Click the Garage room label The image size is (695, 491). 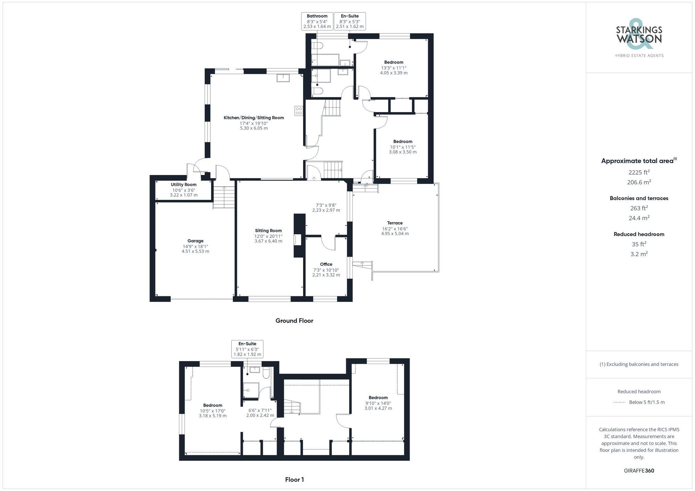[x=195, y=241]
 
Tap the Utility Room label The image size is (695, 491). [x=183, y=185]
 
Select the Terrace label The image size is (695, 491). [x=395, y=223]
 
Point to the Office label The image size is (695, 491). [x=326, y=264]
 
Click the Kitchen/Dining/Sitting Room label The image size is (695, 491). [x=254, y=118]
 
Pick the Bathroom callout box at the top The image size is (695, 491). [x=317, y=21]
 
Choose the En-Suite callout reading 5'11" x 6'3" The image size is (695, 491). [x=247, y=349]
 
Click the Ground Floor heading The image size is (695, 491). [x=294, y=321]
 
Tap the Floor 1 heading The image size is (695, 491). [x=294, y=480]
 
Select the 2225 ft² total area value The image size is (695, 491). [x=639, y=172]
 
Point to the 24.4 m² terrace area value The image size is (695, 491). [x=639, y=218]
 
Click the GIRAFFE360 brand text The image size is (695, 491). [x=639, y=471]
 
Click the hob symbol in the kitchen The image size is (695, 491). [x=299, y=111]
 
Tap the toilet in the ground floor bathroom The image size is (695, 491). [x=317, y=45]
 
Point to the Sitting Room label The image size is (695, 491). [x=268, y=231]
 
